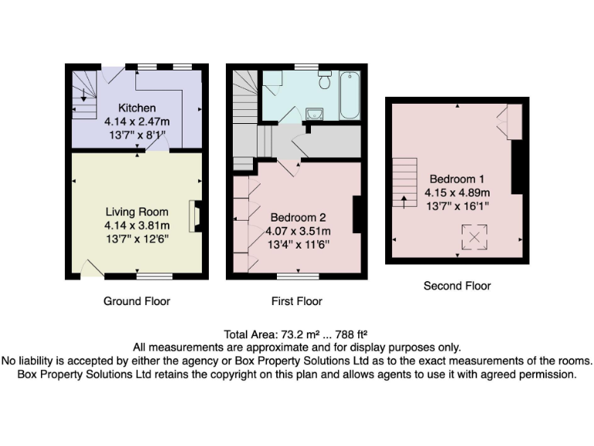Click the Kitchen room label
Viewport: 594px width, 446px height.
[137, 108]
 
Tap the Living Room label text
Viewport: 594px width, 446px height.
[137, 212]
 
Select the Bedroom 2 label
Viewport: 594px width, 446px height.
[298, 218]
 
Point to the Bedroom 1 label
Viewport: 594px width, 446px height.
[457, 179]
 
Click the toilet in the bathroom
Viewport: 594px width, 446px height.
[325, 79]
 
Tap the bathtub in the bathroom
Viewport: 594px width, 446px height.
[350, 95]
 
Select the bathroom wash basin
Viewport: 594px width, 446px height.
[315, 113]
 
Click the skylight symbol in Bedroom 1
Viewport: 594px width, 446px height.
[474, 238]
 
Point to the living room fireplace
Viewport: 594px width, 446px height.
[194, 216]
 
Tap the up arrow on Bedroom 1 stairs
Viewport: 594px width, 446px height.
[404, 202]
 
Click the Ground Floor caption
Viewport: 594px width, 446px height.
[137, 301]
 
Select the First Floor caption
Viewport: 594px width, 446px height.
[297, 301]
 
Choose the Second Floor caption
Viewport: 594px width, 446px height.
[457, 286]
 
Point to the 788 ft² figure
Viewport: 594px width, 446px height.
[352, 334]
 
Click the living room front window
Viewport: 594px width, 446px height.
[154, 276]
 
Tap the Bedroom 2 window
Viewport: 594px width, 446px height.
[298, 276]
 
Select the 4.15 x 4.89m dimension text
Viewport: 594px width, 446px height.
[457, 193]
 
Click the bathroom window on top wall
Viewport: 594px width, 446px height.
[306, 67]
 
